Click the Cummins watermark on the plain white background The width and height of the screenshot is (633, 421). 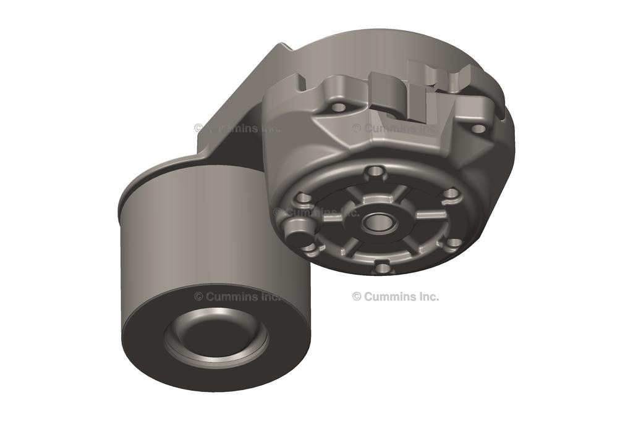pos(396,296)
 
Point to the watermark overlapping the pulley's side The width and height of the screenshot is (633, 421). pos(238,296)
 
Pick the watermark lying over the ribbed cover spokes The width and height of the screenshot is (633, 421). pos(316,212)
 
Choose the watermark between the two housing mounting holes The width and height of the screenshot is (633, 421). pos(396,128)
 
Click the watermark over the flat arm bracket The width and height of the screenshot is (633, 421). pos(238,128)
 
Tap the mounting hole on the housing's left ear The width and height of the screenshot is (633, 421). pos(338,107)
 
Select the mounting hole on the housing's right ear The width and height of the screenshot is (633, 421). pos(478,129)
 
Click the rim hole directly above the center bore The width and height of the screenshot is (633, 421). pos(374,172)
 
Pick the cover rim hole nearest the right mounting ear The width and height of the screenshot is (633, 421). pos(452,194)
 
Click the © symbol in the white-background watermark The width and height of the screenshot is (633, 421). pos(357,296)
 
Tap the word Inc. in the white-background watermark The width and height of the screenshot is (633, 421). pos(428,296)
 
